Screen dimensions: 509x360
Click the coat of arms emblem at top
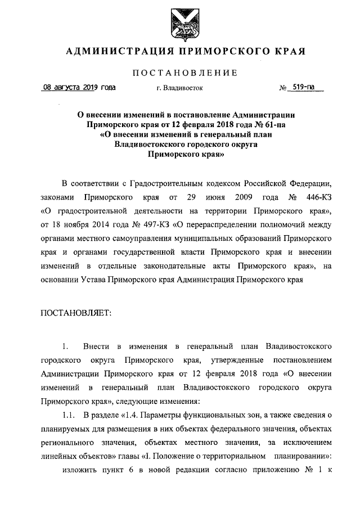point(179,22)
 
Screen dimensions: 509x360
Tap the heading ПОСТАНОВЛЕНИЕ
point(180,73)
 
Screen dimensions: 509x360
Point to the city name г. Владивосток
point(180,88)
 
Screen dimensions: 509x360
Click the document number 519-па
point(303,88)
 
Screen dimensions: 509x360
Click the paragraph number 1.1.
point(70,416)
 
